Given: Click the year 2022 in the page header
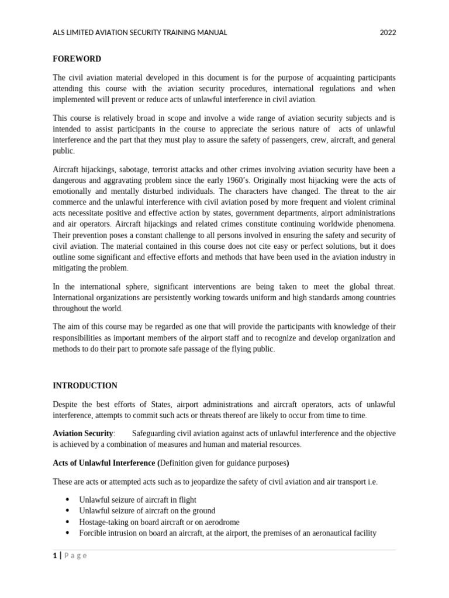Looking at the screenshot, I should [388, 33].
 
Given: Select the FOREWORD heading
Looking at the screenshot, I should [77, 59].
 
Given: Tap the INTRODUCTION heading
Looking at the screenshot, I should [85, 385].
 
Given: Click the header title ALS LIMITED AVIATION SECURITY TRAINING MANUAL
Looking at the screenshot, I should [140, 33].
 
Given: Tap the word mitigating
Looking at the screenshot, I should [72, 268].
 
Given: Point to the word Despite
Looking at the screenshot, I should [65, 404].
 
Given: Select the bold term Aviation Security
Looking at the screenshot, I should [83, 433].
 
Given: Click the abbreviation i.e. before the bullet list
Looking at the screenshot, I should [371, 482].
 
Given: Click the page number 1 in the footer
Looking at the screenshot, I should [55, 556].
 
